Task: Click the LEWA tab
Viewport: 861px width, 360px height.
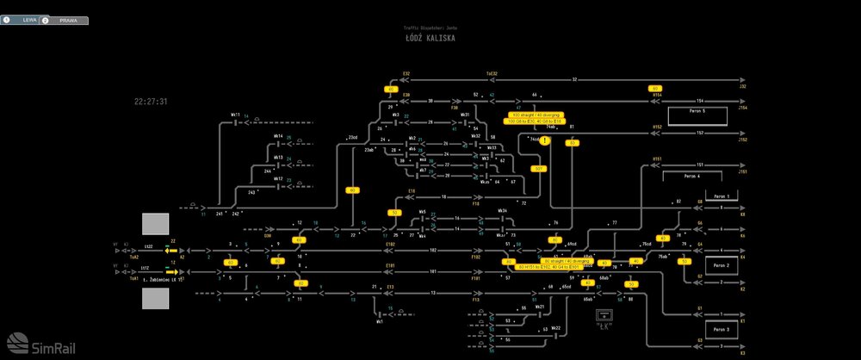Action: coord(22,19)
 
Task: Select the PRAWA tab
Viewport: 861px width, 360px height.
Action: coord(65,19)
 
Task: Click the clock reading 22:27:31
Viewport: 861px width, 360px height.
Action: coord(151,102)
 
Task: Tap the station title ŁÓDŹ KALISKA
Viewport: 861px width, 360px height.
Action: coord(430,39)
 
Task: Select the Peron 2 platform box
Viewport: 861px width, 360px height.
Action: coord(721,266)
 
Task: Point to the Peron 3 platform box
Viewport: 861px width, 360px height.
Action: coord(721,329)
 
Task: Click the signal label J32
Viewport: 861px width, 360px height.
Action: coord(742,86)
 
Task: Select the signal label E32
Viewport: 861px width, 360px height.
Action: coord(406,74)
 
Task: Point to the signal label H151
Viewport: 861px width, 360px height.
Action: coord(657,158)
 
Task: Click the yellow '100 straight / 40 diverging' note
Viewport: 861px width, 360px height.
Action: coord(536,115)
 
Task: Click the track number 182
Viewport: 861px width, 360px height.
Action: coord(432,250)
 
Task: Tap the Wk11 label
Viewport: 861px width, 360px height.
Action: coord(235,115)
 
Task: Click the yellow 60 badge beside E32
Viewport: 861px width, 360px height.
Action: coord(390,89)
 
